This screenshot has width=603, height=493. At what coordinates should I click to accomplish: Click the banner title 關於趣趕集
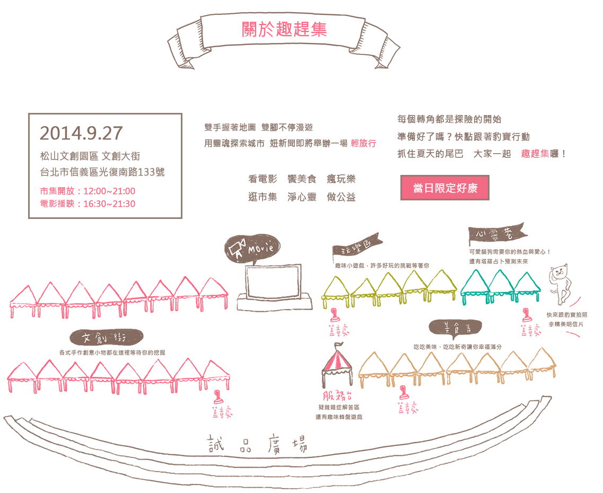coord(284,29)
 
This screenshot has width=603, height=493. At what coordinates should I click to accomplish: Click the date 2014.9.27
coord(81,133)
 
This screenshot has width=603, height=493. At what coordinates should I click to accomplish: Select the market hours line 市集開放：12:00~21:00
coord(88,191)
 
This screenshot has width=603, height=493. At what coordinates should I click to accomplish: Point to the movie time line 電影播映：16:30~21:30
coord(88,204)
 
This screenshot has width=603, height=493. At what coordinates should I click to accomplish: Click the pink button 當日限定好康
coord(444,188)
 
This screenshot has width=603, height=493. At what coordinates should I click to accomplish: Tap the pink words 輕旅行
coord(363,143)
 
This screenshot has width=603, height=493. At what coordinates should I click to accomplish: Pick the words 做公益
coord(341,197)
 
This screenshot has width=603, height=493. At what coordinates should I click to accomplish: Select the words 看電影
coord(263,179)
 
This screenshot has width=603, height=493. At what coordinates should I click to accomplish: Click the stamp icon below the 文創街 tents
coord(218,398)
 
